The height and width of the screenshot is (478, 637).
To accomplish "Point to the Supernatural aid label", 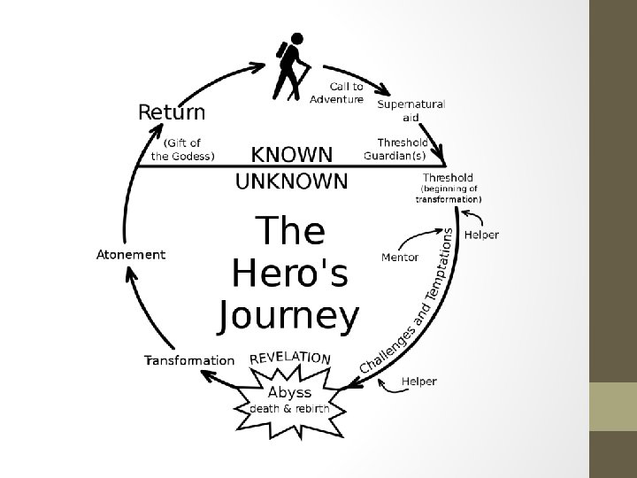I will click(411, 110).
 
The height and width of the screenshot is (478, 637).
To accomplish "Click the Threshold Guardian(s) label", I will click(396, 149).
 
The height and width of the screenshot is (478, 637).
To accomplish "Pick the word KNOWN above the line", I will click(293, 155).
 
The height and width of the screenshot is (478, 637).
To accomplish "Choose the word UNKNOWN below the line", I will click(291, 181).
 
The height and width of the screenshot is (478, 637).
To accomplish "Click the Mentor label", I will click(399, 258).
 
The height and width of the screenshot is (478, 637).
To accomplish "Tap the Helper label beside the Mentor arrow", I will click(481, 235).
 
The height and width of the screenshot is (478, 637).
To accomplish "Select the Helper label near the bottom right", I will click(419, 382).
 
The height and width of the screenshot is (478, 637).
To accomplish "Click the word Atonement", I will click(130, 255).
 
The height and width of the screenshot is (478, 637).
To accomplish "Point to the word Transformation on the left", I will click(189, 360).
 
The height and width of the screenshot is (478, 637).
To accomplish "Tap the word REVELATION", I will click(291, 358).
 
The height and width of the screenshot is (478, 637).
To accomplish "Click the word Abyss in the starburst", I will click(289, 392).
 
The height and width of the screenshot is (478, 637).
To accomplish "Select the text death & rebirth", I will click(289, 409).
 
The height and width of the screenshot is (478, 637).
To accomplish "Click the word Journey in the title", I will click(289, 316).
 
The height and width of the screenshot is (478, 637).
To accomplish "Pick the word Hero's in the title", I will click(289, 274).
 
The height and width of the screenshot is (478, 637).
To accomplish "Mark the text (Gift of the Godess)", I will click(183, 149).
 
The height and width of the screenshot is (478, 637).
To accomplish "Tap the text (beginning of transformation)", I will click(449, 194).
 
